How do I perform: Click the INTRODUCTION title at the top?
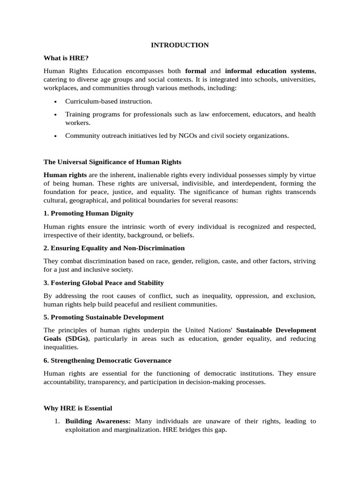[180, 45]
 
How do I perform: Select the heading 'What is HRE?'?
[66, 58]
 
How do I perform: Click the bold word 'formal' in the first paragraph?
[195, 71]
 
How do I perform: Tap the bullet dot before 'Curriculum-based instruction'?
[55, 101]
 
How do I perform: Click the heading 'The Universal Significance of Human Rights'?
[112, 162]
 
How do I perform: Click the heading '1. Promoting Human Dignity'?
[89, 213]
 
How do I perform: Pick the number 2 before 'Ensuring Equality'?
[45, 248]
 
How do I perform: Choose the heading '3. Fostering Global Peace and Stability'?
[104, 283]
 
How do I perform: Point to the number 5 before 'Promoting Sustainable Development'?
[45, 317]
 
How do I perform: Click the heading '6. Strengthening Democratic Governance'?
[107, 360]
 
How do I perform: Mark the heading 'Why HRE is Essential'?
[78, 408]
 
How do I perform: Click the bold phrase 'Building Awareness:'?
[98, 421]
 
